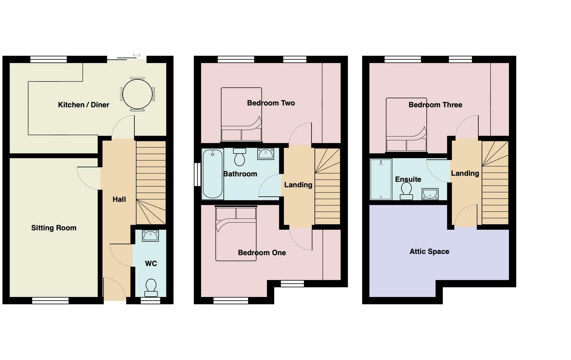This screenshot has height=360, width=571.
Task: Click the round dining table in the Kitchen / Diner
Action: pyautogui.click(x=137, y=94)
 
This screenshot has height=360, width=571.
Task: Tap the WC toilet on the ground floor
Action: pyautogui.click(x=151, y=287)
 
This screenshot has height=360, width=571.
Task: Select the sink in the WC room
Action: pyautogui.click(x=150, y=236)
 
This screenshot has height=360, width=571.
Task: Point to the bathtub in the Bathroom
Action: pyautogui.click(x=212, y=174)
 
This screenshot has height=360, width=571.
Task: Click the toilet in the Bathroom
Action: pyautogui.click(x=239, y=157)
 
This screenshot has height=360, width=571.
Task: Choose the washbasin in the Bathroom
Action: pyautogui.click(x=265, y=154)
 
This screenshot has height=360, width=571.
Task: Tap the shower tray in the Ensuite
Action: pyautogui.click(x=381, y=179)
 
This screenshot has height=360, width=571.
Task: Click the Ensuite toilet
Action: pyautogui.click(x=406, y=191)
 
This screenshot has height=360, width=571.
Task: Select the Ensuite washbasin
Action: pyautogui.click(x=430, y=194)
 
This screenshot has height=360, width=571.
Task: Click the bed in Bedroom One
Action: pyautogui.click(x=236, y=233)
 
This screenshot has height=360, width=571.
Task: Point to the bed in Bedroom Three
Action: pyautogui.click(x=406, y=125)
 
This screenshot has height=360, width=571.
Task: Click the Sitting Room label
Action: pyautogui.click(x=54, y=228)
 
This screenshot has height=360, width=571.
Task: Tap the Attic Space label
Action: pyautogui.click(x=429, y=252)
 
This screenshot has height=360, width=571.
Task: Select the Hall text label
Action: pyautogui.click(x=119, y=199)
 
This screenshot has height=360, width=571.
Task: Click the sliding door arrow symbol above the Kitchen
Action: pyautogui.click(x=136, y=55)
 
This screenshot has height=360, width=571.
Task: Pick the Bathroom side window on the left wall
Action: pyautogui.click(x=197, y=174)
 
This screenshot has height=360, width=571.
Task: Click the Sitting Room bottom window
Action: pyautogui.click(x=50, y=301)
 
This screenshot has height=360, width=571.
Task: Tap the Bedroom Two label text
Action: pyautogui.click(x=271, y=103)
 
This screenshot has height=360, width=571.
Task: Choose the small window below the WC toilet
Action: pyautogui.click(x=150, y=301)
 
